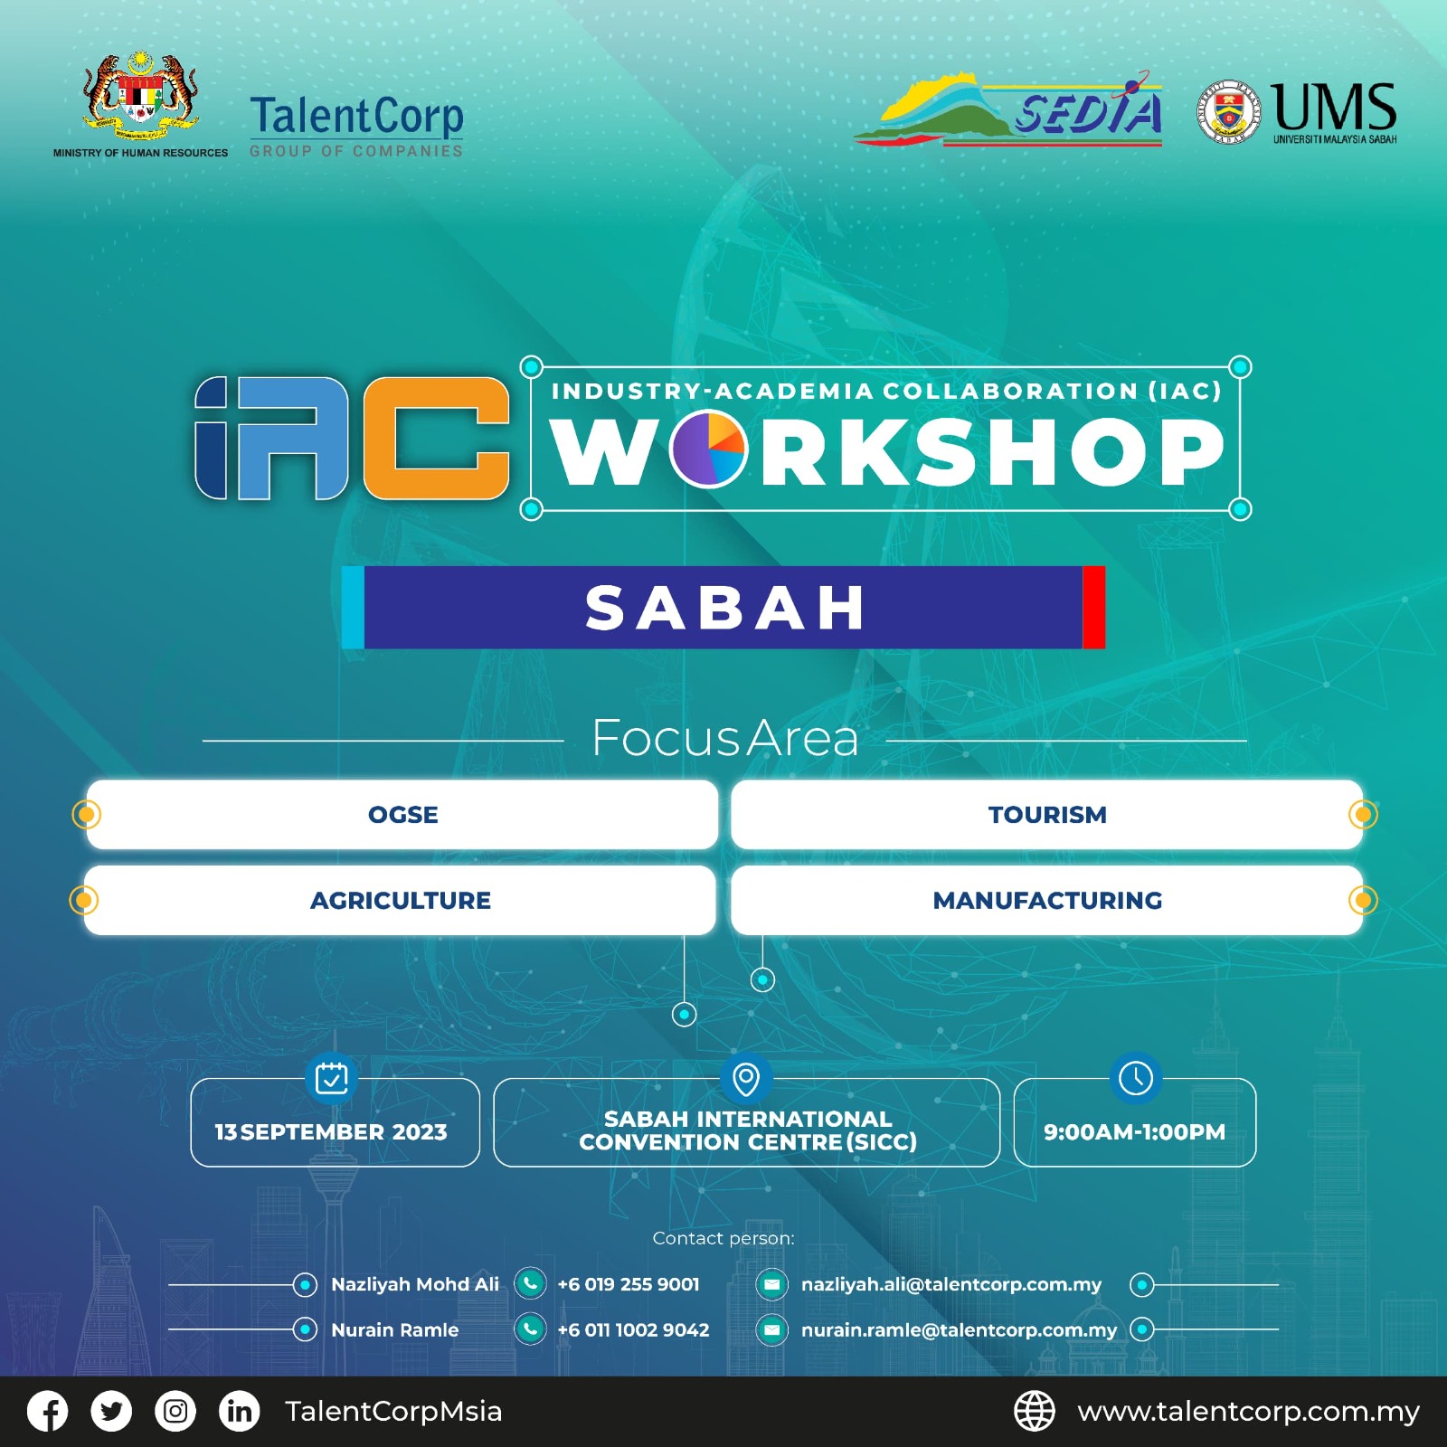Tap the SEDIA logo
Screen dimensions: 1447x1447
1008,111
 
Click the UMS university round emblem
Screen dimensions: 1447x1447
1228,113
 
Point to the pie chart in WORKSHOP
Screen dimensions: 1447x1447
709,449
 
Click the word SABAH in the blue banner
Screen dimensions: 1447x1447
725,607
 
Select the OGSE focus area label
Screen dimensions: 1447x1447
403,815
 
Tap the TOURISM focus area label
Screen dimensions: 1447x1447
1047,815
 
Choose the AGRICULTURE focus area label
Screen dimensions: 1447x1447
401,901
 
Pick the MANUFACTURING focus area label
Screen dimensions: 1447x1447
1047,901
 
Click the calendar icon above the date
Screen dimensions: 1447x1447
332,1077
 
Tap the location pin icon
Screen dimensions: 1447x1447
746,1078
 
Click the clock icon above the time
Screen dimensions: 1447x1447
1136,1077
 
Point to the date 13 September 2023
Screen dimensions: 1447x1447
331,1132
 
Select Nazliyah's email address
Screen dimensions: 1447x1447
951,1285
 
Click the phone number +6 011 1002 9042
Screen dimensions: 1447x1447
633,1329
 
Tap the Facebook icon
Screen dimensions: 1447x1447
48,1412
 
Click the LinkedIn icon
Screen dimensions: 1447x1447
240,1412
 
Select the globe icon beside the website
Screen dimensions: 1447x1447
1035,1412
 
